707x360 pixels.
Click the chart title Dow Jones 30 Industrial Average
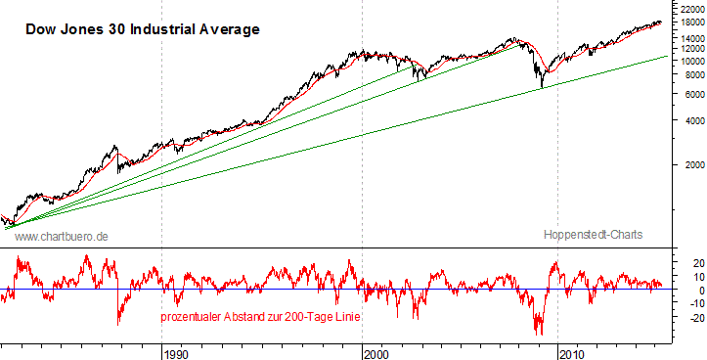[x=142, y=29]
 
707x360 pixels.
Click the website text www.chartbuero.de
[x=61, y=237]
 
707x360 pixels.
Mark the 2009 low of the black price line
[x=542, y=88]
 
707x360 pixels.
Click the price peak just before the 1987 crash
[x=116, y=148]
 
